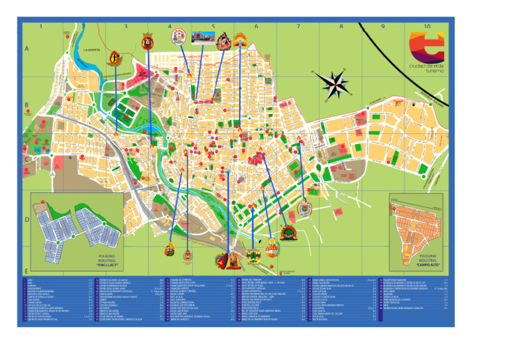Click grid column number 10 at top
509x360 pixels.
427,27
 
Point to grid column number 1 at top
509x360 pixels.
40,27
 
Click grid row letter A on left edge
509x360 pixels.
27,49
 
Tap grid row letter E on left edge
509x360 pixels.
27,271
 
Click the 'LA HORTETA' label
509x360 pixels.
91,50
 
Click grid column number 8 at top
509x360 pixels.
341,27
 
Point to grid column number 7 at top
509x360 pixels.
298,27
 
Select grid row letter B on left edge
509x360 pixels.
27,105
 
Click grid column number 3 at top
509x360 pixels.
125,27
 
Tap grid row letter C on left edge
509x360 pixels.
27,159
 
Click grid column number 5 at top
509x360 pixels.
213,27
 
